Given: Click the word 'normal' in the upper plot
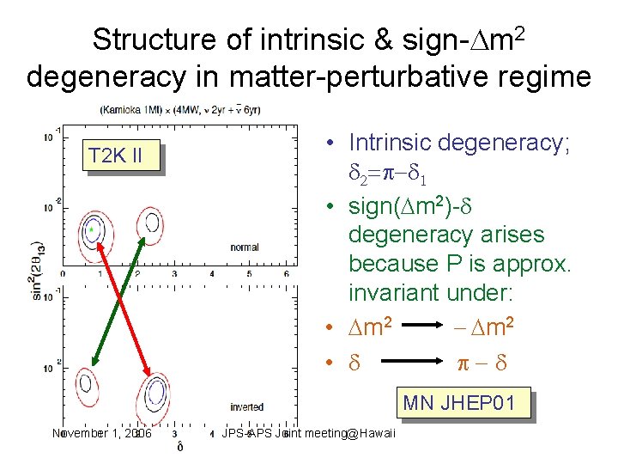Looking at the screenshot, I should click(244, 247).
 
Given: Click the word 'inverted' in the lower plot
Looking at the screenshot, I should click(246, 406).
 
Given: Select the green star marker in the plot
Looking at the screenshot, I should click(90, 230).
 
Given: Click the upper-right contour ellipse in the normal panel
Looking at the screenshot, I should click(151, 225).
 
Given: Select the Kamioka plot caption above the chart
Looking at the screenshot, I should click(180, 110).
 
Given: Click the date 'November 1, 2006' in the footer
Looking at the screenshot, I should click(101, 433).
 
